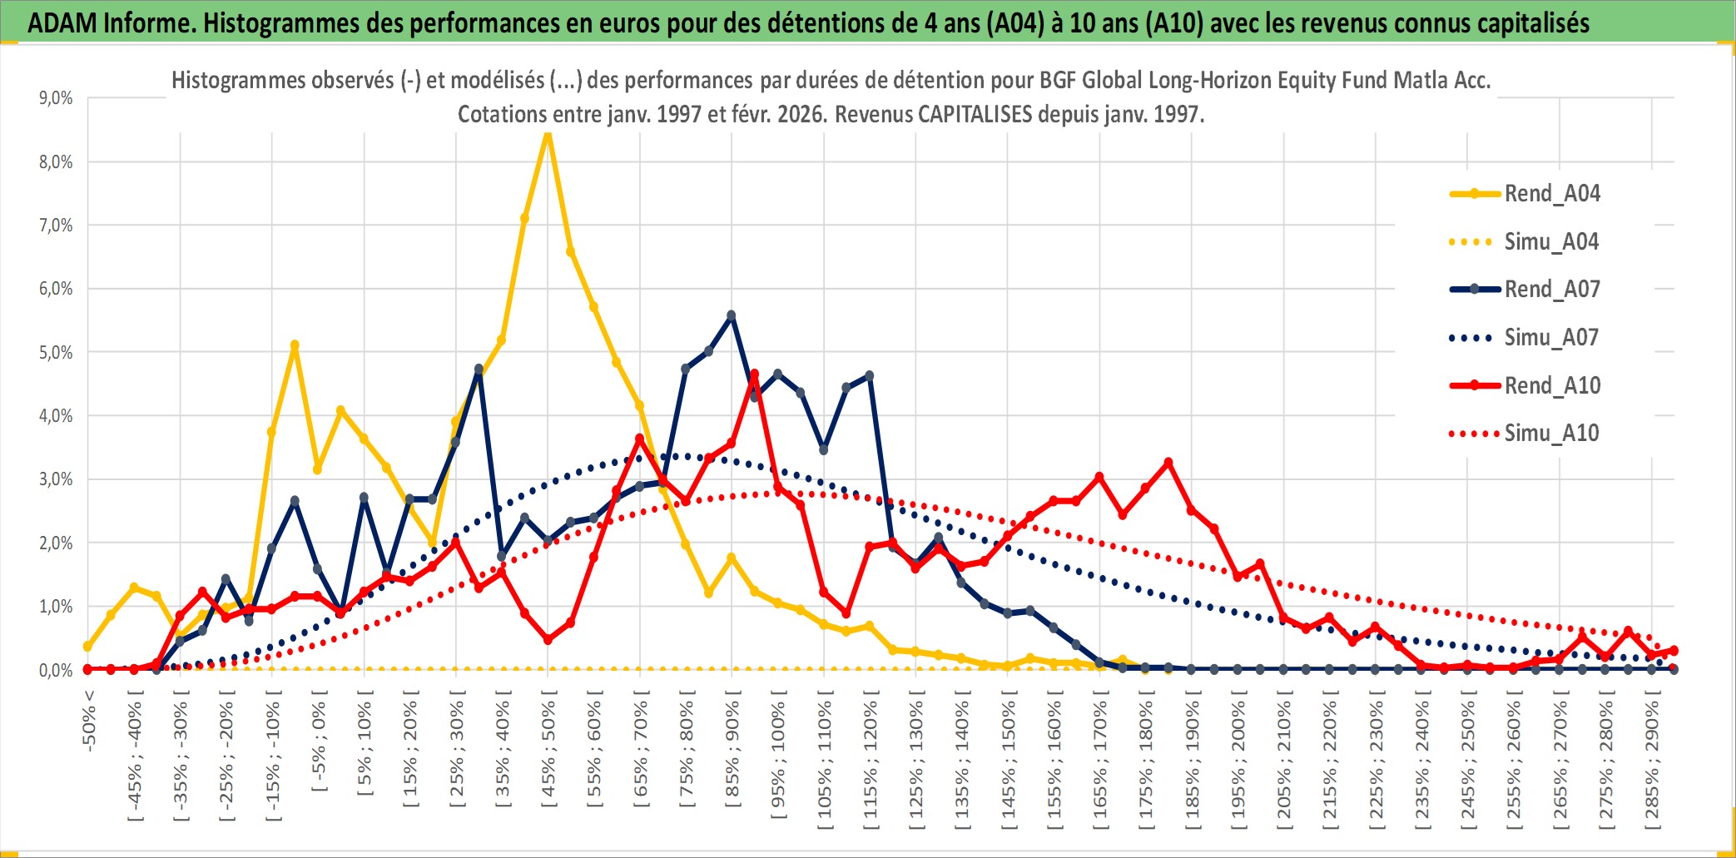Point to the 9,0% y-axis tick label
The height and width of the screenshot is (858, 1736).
[x=56, y=98]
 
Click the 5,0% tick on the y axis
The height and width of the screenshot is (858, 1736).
[x=56, y=352]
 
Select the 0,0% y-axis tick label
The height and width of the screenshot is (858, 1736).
[x=56, y=670]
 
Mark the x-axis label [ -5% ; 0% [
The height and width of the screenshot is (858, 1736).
[x=319, y=741]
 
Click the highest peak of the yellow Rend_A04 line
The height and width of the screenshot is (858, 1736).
[x=547, y=133]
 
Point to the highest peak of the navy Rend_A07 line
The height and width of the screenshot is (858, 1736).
[x=731, y=315]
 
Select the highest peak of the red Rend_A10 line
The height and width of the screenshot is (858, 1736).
[x=754, y=374]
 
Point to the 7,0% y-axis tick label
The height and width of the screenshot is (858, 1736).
[x=56, y=226]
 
